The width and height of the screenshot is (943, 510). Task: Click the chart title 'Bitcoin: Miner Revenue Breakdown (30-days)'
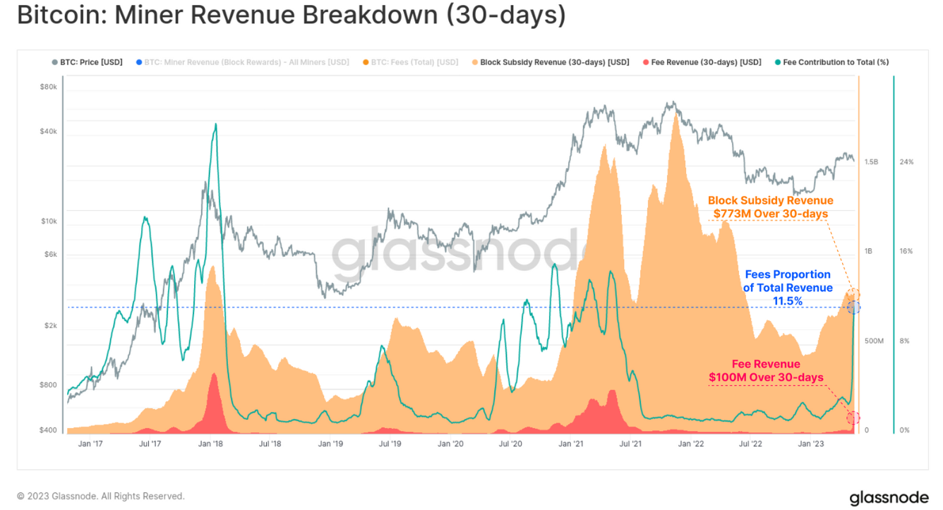(x=291, y=16)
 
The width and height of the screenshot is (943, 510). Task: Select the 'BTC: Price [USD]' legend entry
(x=87, y=62)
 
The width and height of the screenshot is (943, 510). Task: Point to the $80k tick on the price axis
(x=49, y=87)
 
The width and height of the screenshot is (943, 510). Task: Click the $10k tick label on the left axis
(x=49, y=221)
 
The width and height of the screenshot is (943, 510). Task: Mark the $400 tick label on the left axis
(x=49, y=430)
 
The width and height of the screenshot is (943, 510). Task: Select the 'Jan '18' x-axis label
(x=211, y=444)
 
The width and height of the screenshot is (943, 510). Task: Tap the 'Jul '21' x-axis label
(x=630, y=444)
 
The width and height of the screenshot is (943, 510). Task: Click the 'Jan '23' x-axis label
(x=810, y=444)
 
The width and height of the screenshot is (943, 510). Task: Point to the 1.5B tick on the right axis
(x=871, y=162)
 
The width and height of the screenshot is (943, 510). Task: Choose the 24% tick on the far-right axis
(x=906, y=162)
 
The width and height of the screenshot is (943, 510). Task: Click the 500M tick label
(x=874, y=341)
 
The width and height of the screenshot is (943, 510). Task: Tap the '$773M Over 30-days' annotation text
(x=770, y=214)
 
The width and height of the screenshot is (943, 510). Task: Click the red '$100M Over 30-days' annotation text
(x=766, y=377)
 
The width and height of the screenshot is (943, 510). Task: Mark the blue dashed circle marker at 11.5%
(x=853, y=307)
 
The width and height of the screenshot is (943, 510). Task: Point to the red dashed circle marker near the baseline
(x=853, y=418)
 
